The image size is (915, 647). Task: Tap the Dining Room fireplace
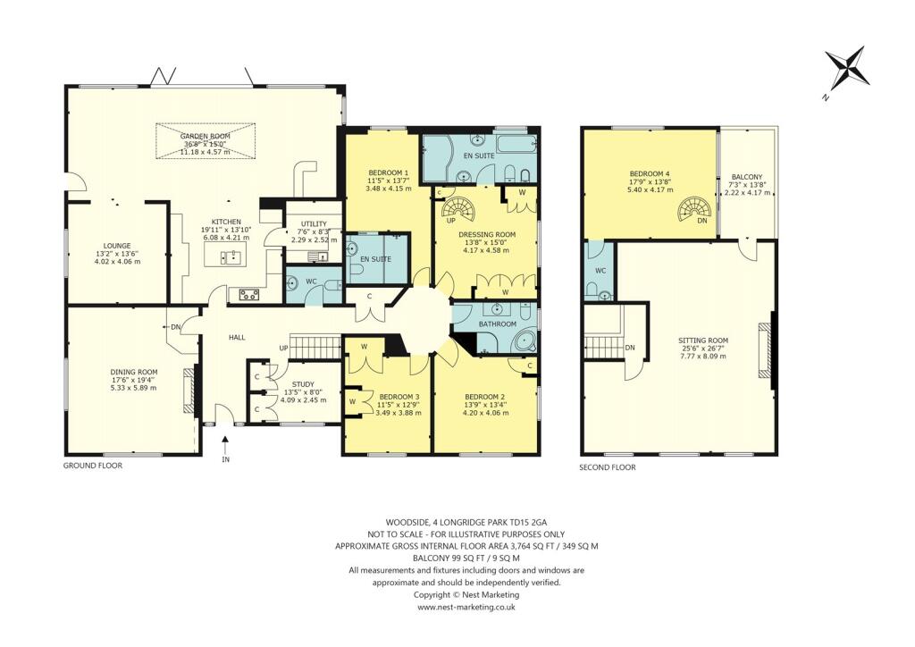click(x=189, y=391)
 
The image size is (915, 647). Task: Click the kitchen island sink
click(x=230, y=258)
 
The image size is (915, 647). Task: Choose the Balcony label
click(x=746, y=185)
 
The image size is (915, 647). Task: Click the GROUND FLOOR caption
click(x=92, y=466)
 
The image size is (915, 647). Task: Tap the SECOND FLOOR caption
click(x=607, y=467)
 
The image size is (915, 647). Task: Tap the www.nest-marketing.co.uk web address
click(x=466, y=607)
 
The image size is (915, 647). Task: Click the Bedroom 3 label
click(x=399, y=403)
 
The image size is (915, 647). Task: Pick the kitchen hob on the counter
click(x=246, y=293)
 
